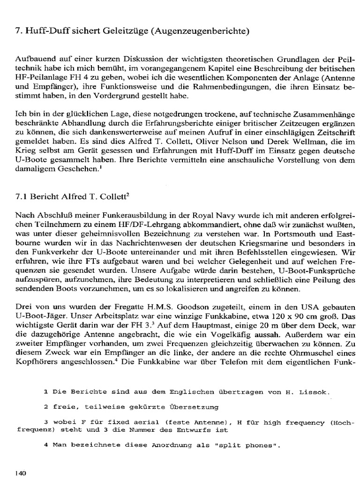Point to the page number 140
21,473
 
